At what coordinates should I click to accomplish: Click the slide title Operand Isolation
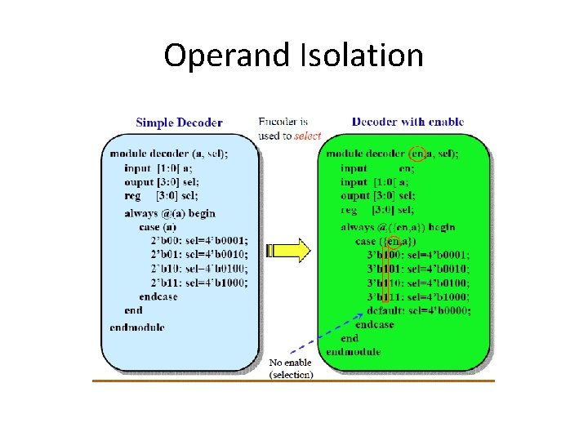click(x=293, y=56)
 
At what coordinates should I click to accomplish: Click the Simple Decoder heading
click(x=179, y=122)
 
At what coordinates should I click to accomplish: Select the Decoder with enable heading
click(x=408, y=122)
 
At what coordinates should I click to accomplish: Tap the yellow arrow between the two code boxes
click(x=288, y=249)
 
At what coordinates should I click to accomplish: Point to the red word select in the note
click(x=307, y=136)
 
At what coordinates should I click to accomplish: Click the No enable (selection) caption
click(x=291, y=368)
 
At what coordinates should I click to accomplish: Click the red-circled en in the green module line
click(x=418, y=153)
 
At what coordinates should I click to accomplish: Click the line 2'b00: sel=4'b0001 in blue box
click(x=198, y=241)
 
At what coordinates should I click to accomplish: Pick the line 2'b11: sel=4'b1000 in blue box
click(x=198, y=283)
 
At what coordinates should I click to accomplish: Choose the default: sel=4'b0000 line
click(x=418, y=310)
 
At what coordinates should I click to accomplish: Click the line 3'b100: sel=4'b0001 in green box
click(x=418, y=255)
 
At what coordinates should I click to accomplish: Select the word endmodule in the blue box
click(x=136, y=327)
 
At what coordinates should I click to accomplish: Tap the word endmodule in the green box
click(x=353, y=352)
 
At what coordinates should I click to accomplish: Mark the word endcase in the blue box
click(x=158, y=296)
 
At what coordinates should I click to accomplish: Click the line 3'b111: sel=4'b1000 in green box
click(x=418, y=296)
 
